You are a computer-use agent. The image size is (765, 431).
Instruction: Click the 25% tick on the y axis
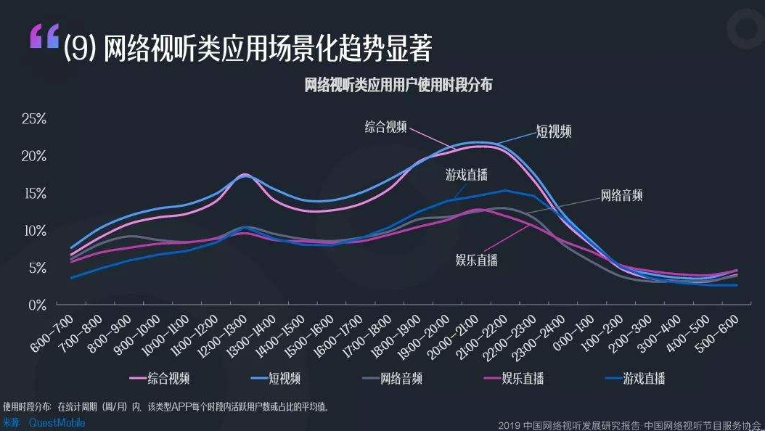pos(33,119)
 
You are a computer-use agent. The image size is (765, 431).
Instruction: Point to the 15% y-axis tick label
pos(33,194)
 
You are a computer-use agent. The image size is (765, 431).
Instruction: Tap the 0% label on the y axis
pos(37,305)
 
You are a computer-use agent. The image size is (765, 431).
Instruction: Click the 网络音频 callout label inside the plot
pos(621,195)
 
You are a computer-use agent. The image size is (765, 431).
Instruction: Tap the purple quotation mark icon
pos(44,38)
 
